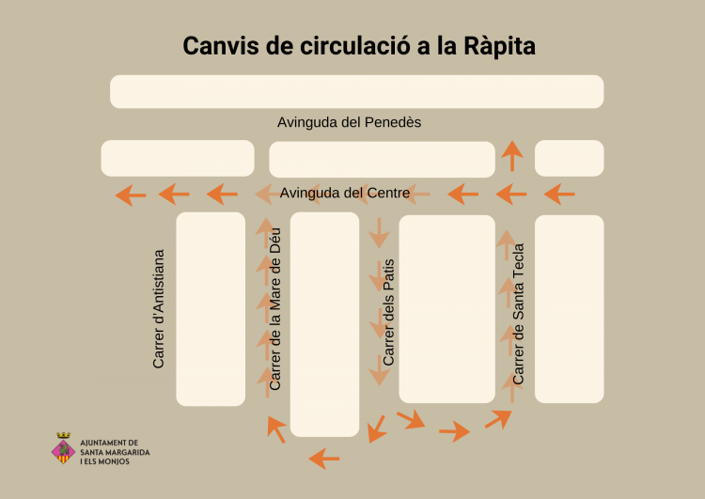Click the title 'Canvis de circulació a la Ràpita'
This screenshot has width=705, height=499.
(358, 46)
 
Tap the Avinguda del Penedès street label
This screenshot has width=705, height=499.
(349, 122)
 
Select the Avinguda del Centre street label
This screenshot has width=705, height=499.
(345, 193)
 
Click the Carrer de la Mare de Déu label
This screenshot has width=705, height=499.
(274, 308)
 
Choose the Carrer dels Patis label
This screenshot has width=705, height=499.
(389, 312)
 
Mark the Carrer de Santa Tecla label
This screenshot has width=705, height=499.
(518, 313)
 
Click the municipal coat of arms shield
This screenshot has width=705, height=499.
(64, 448)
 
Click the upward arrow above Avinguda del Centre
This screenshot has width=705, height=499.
(511, 155)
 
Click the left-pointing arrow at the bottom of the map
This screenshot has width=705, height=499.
(324, 459)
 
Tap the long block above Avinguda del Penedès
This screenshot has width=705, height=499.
(356, 91)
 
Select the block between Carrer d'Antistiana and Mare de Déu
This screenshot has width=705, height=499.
(211, 308)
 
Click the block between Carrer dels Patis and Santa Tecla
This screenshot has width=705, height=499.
(446, 308)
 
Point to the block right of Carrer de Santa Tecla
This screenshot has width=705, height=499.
(569, 308)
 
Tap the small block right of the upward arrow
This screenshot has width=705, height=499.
(569, 158)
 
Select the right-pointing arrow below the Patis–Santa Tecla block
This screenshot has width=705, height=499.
(454, 431)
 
